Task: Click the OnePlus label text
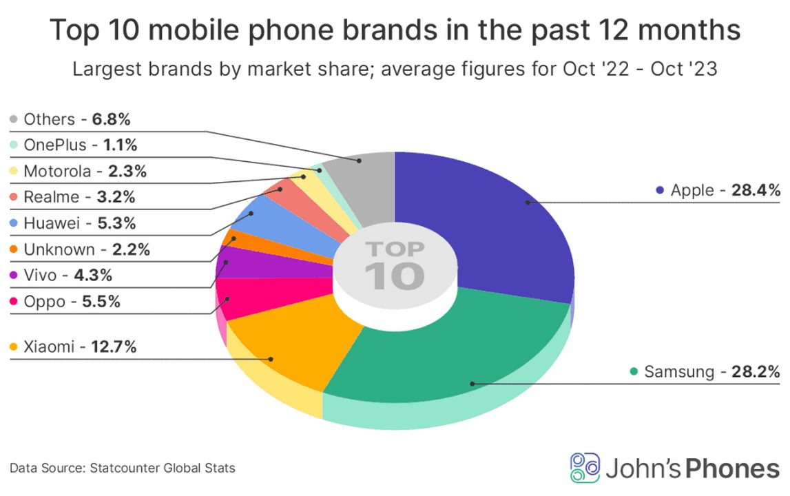(55, 145)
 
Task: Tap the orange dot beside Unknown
(13, 250)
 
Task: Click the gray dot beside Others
(13, 120)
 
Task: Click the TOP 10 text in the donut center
(394, 265)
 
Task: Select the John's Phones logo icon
(585, 468)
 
